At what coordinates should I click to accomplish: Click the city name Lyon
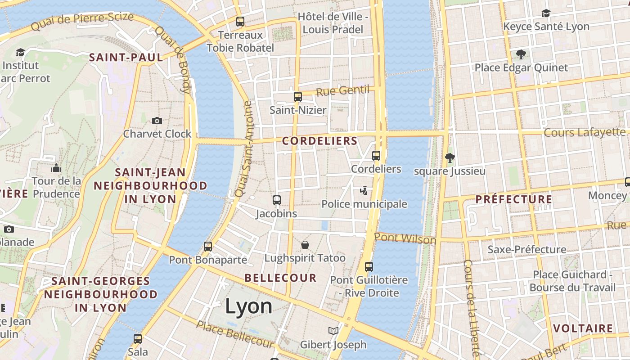[248, 306]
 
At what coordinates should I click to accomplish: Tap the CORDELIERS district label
[319, 141]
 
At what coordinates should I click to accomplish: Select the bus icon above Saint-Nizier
[297, 96]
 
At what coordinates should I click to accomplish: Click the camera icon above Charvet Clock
[157, 121]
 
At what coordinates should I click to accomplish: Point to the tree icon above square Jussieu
[449, 157]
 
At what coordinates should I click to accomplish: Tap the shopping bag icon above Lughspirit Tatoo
[305, 245]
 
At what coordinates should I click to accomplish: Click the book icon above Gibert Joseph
[333, 331]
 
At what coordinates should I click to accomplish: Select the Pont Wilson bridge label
[405, 238]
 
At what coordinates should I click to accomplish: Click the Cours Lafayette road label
[584, 132]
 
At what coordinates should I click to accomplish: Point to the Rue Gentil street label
[342, 91]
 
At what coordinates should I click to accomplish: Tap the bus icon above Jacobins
[277, 200]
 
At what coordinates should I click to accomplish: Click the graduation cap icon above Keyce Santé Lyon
[546, 13]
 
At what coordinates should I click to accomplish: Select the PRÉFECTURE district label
[513, 199]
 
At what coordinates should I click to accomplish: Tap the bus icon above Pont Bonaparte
[207, 247]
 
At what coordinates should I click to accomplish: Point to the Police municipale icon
[364, 191]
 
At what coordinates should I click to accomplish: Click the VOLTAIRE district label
[583, 328]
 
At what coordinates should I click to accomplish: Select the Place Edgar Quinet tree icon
[521, 54]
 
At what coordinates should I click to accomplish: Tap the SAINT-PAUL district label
[126, 57]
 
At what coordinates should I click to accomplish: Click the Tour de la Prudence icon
[56, 168]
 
